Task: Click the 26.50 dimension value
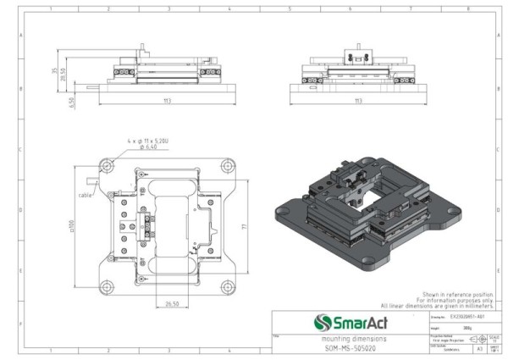(172, 302)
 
